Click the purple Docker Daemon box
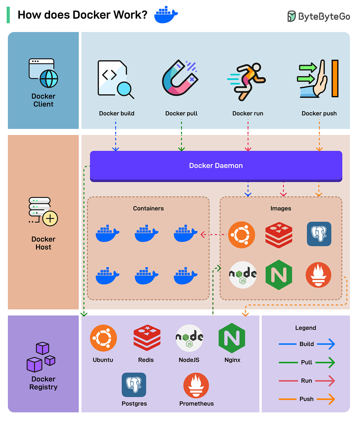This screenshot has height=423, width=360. tap(216, 165)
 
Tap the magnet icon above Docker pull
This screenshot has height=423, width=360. tap(180, 78)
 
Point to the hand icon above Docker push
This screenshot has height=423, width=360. tap(318, 79)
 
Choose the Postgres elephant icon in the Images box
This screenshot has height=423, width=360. tap(319, 234)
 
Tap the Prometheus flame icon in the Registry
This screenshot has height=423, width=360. tap(196, 385)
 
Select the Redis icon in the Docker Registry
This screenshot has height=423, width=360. tap(147, 338)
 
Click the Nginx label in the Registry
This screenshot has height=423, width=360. tap(232, 360)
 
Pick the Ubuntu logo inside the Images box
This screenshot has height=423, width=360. tap(242, 235)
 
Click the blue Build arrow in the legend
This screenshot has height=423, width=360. tap(326, 344)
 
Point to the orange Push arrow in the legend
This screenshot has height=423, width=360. tap(326, 399)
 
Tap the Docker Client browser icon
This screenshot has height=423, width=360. tap(43, 73)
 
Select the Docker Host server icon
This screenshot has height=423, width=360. tap(43, 211)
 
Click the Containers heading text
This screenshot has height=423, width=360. tap(148, 208)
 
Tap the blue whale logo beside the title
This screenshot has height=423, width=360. tap(166, 15)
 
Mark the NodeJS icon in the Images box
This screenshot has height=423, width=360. tap(243, 275)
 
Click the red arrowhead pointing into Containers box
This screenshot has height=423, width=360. tap(203, 235)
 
